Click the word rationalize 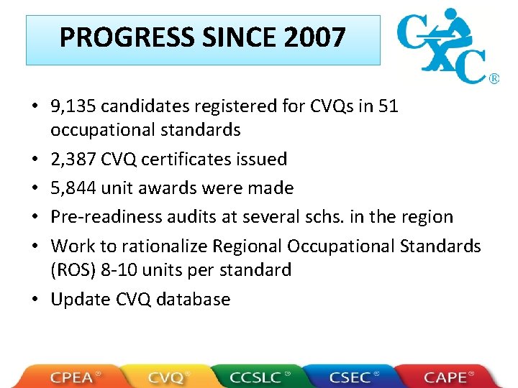coord(163,246)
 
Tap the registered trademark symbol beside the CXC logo coord(494,78)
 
